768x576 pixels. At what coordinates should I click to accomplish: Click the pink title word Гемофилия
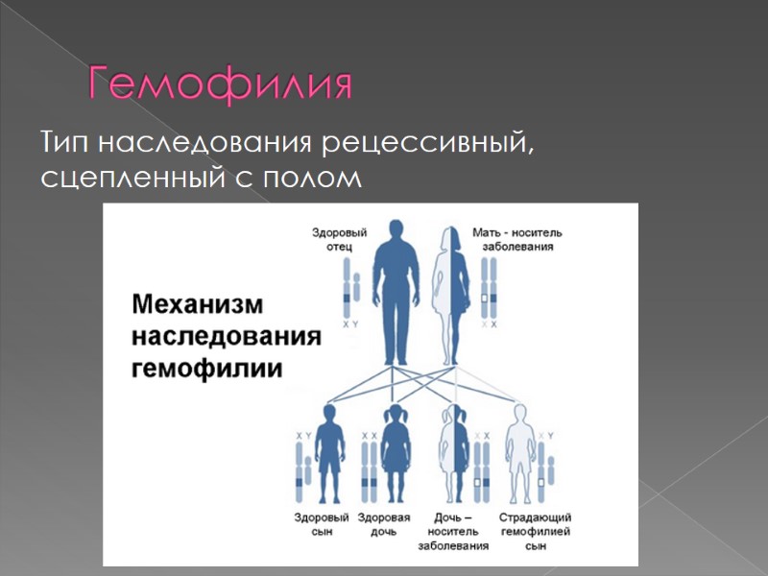point(220,85)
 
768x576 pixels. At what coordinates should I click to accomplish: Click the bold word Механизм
point(196,305)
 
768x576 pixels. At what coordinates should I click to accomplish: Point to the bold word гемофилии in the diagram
point(207,369)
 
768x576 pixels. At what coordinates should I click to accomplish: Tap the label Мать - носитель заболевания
point(517,239)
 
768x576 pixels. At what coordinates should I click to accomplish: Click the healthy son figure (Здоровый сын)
point(331,451)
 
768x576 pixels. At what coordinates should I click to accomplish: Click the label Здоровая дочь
point(384,524)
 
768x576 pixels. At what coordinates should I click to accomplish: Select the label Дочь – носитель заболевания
point(453,531)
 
